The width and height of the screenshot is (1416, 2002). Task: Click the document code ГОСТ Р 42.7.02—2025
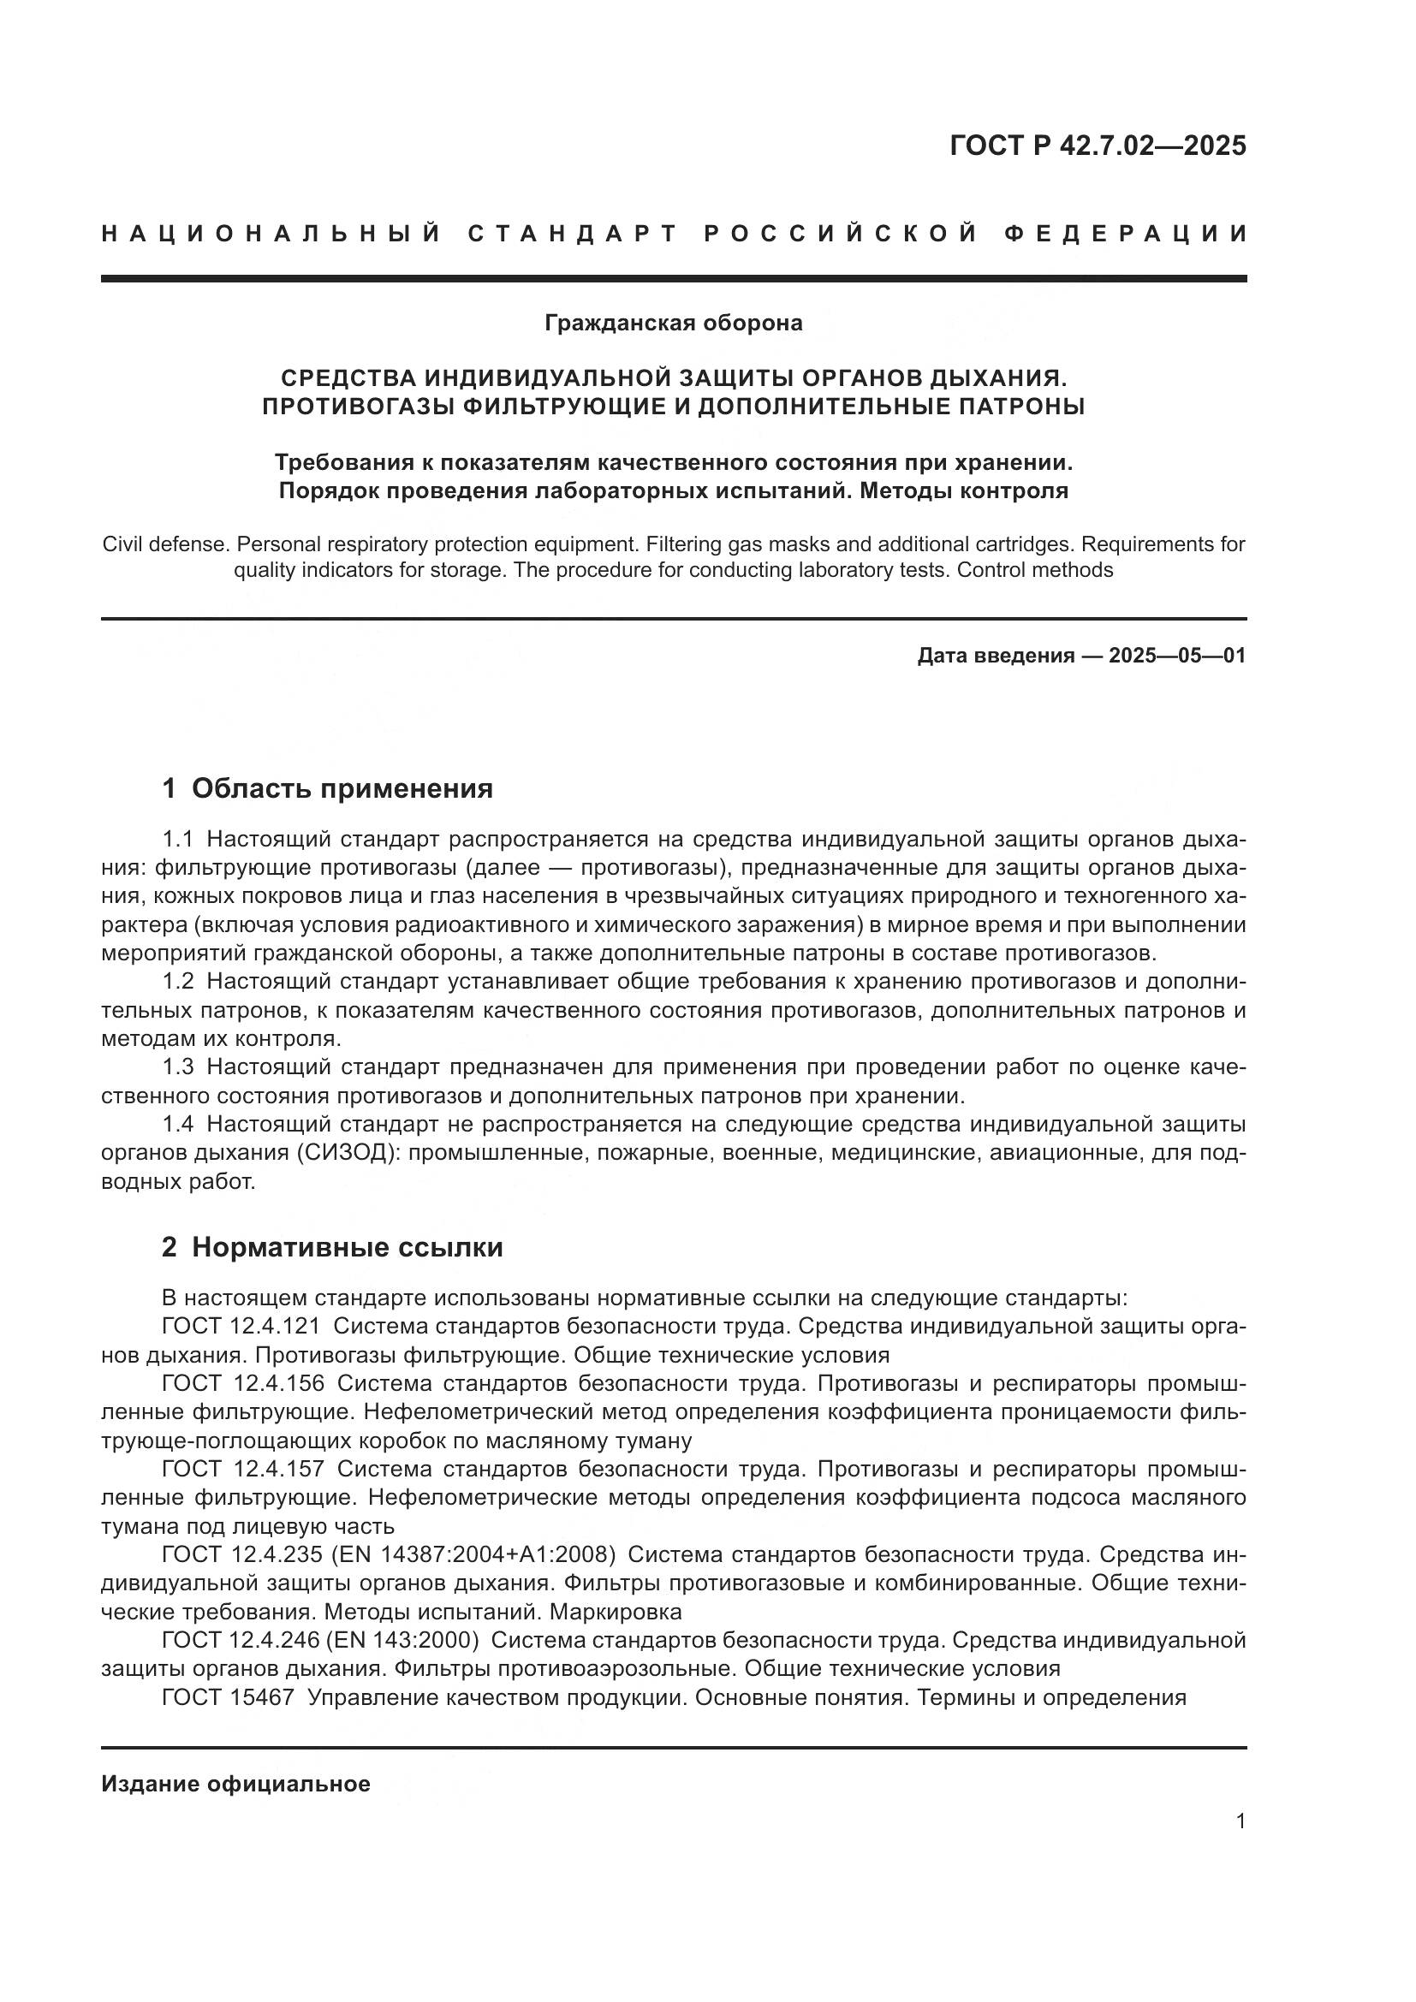click(x=1097, y=146)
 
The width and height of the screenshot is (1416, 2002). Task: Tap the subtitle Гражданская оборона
click(x=673, y=324)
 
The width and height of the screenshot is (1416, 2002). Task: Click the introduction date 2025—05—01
click(x=1176, y=656)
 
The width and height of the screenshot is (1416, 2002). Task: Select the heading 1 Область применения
click(x=327, y=789)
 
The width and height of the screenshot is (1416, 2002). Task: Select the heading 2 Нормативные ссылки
click(x=332, y=1248)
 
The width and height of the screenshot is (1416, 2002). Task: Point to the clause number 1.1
click(x=177, y=840)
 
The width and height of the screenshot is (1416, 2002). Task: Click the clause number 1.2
click(x=177, y=982)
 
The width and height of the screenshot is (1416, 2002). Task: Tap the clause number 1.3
click(x=177, y=1067)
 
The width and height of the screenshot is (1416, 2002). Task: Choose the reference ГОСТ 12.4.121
click(x=241, y=1328)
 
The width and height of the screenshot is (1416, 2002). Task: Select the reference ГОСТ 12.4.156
click(x=242, y=1384)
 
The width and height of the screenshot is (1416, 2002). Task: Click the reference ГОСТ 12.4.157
click(x=242, y=1470)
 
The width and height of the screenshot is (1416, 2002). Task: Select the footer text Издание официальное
click(x=235, y=1784)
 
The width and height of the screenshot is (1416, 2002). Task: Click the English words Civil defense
click(x=164, y=545)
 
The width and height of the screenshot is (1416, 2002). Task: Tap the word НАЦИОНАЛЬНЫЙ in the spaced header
click(x=271, y=234)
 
